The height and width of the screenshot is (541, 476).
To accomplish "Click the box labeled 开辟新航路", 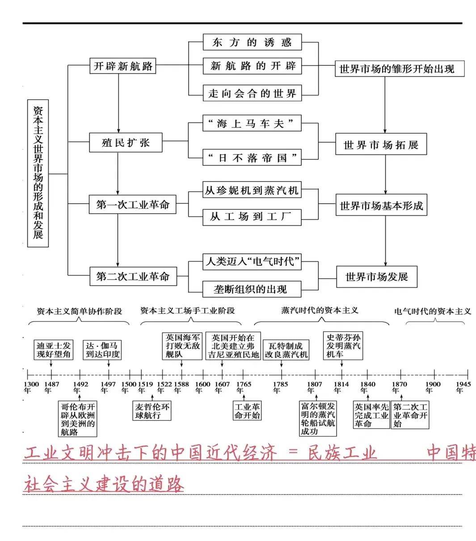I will [122, 66].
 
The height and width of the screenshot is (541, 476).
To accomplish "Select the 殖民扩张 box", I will [126, 143].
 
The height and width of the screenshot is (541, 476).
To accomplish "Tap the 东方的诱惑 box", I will [252, 42].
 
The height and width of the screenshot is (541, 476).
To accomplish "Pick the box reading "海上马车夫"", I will [252, 123].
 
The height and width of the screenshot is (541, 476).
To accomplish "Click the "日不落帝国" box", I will [252, 157].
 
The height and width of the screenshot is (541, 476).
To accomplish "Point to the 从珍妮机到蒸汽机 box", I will [252, 190].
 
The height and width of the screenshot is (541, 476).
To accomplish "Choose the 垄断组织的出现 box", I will [252, 289].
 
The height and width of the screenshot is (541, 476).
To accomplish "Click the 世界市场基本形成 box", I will [381, 206].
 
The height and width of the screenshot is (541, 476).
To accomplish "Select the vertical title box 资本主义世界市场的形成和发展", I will [38, 173].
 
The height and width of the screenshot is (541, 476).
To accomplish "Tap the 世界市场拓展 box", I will [381, 145].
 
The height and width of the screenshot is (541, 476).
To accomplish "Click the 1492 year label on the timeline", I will [80, 387].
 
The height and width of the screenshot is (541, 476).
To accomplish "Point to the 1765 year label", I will [244, 387].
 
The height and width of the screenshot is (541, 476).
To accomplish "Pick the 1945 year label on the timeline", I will [463, 387].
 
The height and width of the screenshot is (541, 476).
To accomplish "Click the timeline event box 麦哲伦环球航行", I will [152, 411].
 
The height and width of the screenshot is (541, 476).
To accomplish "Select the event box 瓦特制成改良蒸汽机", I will [286, 350].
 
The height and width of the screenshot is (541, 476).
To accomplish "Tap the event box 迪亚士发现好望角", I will [54, 350].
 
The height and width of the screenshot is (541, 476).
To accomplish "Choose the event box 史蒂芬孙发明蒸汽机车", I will [343, 345].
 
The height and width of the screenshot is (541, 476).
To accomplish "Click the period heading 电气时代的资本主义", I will [432, 311].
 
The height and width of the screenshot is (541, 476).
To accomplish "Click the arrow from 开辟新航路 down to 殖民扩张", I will [119, 103].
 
